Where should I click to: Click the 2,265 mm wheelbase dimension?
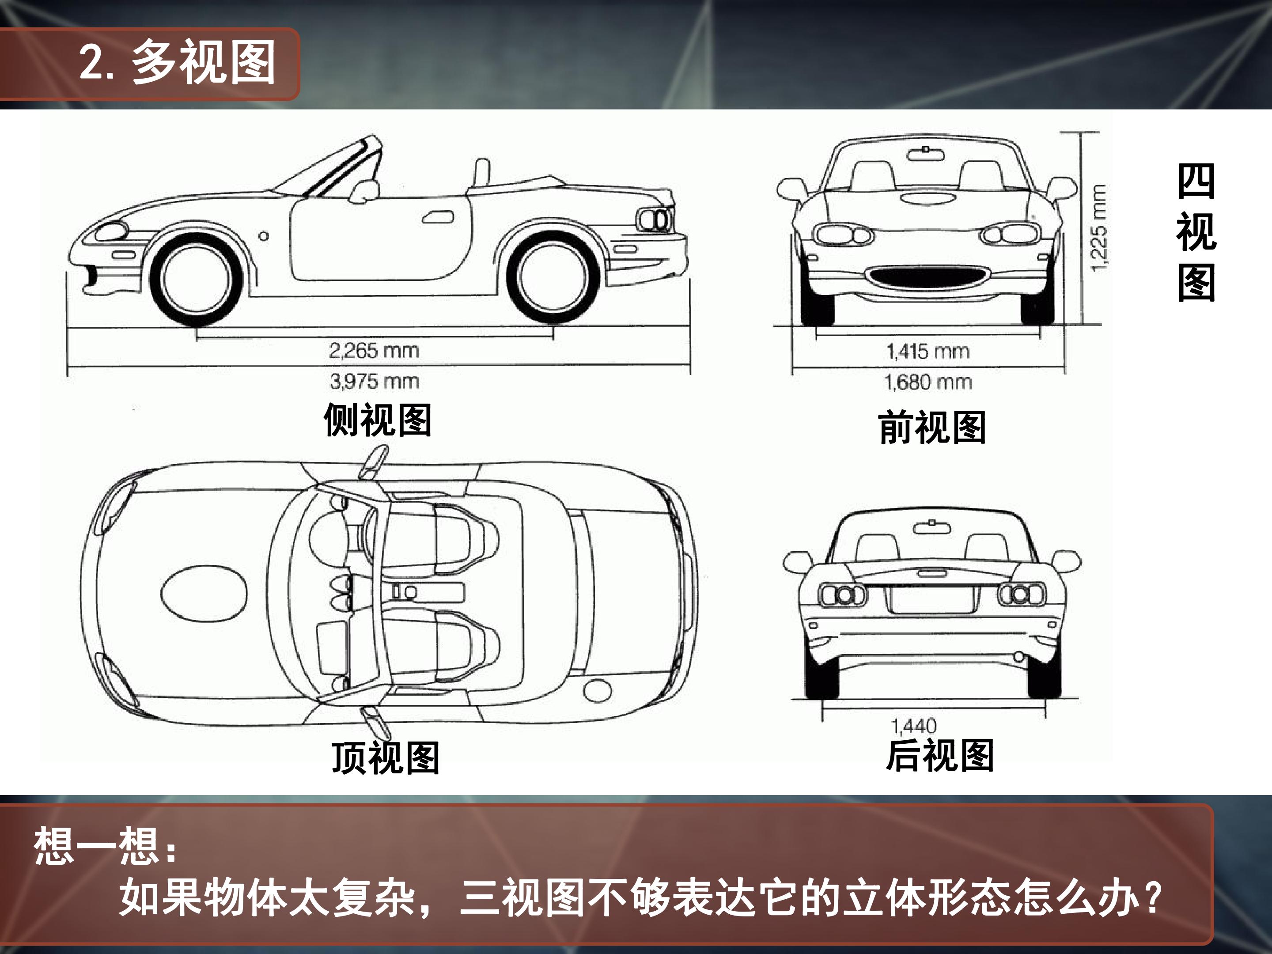[x=374, y=350]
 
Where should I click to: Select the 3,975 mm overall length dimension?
[x=375, y=381]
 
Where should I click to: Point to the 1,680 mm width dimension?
[x=927, y=382]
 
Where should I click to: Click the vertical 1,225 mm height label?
[x=1098, y=228]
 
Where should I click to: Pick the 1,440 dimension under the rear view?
[x=914, y=726]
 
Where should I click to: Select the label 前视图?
[x=932, y=427]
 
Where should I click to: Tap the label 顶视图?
[x=385, y=758]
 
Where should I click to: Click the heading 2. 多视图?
[x=177, y=62]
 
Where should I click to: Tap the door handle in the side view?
[x=438, y=217]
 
